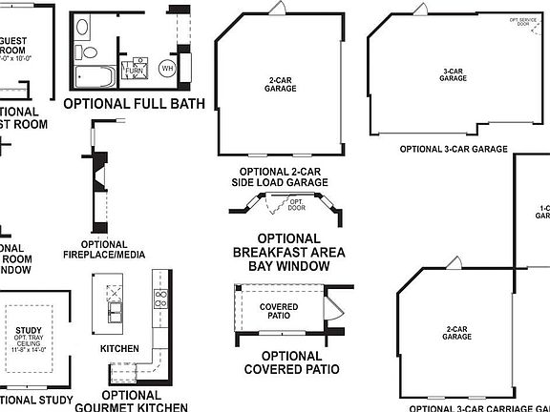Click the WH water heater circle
(166, 68)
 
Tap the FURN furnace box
(134, 69)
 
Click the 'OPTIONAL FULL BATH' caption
(133, 103)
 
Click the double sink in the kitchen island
(115, 311)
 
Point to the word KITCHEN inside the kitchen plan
(119, 348)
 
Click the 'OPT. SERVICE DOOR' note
(520, 22)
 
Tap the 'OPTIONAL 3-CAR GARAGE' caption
(454, 149)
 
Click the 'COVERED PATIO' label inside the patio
(279, 310)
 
